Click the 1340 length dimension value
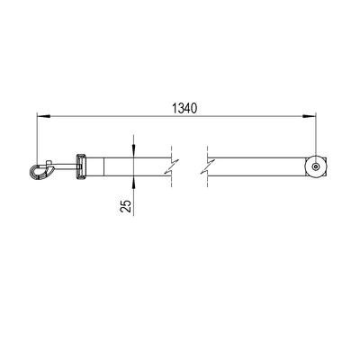point(184,108)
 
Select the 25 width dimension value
point(126,206)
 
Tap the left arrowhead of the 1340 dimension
point(43,116)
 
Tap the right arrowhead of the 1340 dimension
point(310,116)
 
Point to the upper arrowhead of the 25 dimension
point(133,151)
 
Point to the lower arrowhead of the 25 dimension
point(133,183)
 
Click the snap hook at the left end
point(41,170)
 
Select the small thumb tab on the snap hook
point(49,162)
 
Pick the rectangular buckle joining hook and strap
point(80,166)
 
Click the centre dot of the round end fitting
point(315,166)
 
